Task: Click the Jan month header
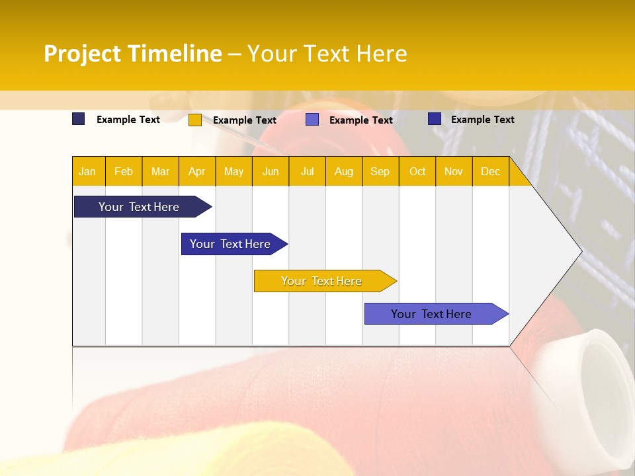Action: coord(87,171)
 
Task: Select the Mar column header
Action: coord(160,171)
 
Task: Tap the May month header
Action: coord(233,171)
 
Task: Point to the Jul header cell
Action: coord(307,171)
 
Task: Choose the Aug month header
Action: coord(343,171)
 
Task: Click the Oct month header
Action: coord(417,171)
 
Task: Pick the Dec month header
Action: coord(490,171)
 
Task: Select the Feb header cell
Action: coord(124,171)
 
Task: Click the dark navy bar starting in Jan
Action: coord(139,207)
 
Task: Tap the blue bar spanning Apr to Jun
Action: coord(230,244)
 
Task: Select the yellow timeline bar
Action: coord(321,281)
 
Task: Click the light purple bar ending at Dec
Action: coord(431,314)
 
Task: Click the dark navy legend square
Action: coord(79,119)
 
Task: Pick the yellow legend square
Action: coord(195,120)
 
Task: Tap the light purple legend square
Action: coord(312,120)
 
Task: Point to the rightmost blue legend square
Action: coord(435,119)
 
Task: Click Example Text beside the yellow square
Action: coord(245,120)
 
